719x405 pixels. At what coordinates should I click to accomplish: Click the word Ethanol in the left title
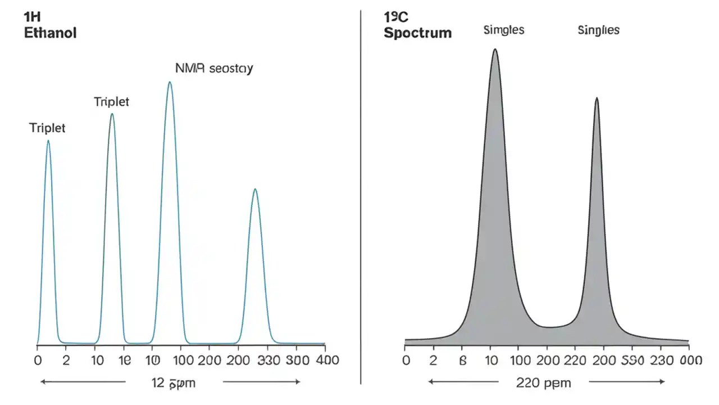(x=50, y=33)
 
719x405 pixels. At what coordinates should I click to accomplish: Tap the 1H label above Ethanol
(x=33, y=17)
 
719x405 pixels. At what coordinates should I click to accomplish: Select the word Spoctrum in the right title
(x=417, y=33)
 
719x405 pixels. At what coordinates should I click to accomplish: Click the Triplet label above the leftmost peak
(x=47, y=128)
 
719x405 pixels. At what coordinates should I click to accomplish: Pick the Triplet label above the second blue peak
(x=111, y=102)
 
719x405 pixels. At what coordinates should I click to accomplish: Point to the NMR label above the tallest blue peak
(x=214, y=69)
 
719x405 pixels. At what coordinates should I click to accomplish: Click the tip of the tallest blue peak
(x=170, y=82)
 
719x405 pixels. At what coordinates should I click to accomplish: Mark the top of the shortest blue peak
(x=255, y=189)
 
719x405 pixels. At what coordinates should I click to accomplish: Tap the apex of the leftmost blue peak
(x=48, y=141)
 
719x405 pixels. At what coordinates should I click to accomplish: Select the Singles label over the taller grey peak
(x=504, y=30)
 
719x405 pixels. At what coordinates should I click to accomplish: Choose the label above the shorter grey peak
(x=598, y=30)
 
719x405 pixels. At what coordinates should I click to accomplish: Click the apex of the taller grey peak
(x=495, y=49)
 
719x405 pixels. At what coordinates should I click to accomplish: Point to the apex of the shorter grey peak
(x=597, y=98)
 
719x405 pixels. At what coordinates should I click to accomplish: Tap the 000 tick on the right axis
(x=690, y=361)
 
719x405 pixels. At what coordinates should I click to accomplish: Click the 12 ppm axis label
(x=174, y=384)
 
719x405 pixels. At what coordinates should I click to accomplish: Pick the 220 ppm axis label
(x=543, y=384)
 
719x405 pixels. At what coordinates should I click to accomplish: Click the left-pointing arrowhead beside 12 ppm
(x=42, y=382)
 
